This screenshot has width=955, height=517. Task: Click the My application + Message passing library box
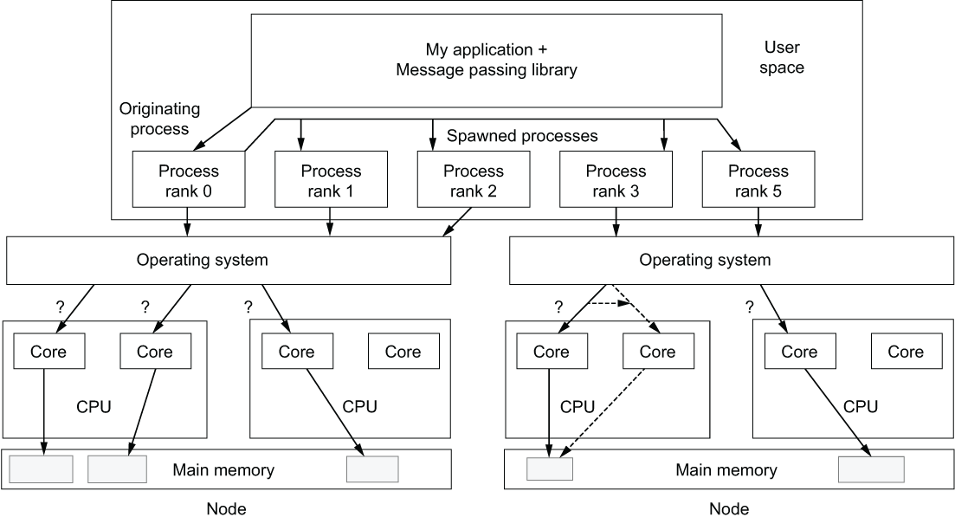pyautogui.click(x=487, y=60)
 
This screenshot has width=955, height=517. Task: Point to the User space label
pyautogui.click(x=784, y=56)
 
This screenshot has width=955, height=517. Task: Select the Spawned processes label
pyautogui.click(x=522, y=137)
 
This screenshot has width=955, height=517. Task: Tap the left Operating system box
pyautogui.click(x=229, y=260)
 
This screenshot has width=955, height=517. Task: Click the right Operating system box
pyautogui.click(x=705, y=260)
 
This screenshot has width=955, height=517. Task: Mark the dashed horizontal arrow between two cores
pyautogui.click(x=610, y=303)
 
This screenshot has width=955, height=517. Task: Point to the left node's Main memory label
pyautogui.click(x=223, y=470)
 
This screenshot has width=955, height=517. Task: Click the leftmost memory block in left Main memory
pyautogui.click(x=41, y=469)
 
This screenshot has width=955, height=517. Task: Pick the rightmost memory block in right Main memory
pyautogui.click(x=871, y=469)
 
